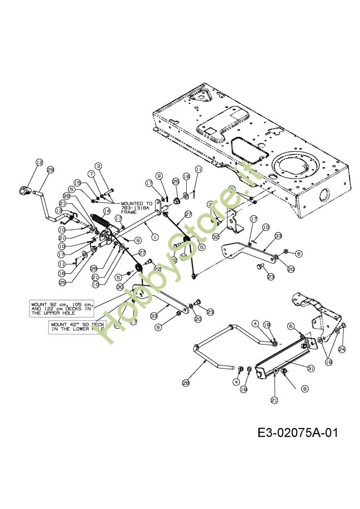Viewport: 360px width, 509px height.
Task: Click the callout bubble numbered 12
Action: point(39,162)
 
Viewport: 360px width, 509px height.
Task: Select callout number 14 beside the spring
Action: point(107,210)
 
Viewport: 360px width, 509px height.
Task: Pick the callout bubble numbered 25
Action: point(63,282)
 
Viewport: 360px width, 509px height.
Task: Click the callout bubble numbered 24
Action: point(342,349)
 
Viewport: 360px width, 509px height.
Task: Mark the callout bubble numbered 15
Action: point(77,182)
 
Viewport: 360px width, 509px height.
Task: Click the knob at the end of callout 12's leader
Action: point(24,191)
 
